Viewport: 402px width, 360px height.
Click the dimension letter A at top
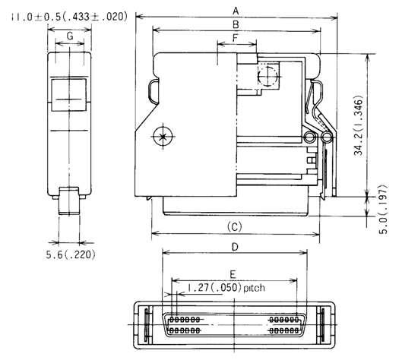click(x=236, y=10)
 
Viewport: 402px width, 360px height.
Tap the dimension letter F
click(x=236, y=36)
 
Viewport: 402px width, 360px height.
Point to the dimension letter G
click(x=69, y=35)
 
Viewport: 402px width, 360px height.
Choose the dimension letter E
click(x=233, y=272)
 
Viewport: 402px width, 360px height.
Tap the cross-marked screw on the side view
click(x=160, y=137)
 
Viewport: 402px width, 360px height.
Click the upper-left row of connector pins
click(x=184, y=321)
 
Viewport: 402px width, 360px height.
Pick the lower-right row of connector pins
click(x=285, y=330)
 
